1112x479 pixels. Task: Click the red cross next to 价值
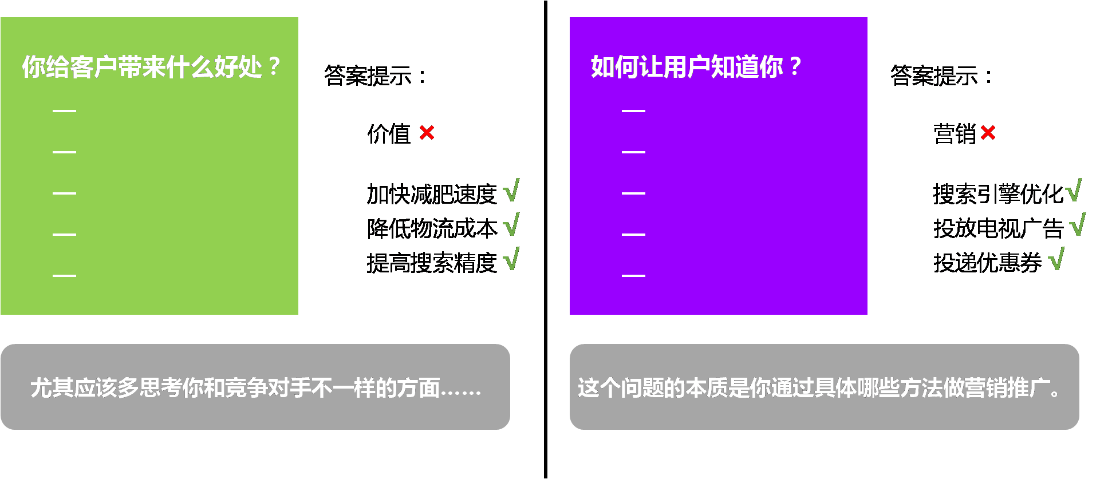tap(427, 133)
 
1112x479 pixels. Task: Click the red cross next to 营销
tap(988, 133)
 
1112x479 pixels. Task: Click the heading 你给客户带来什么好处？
tap(150, 67)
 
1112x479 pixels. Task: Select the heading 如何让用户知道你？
tap(695, 67)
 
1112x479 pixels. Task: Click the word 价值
tap(389, 134)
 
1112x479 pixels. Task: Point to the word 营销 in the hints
tap(955, 134)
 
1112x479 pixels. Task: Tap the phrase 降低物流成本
tap(432, 228)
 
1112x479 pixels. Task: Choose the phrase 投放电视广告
tap(999, 228)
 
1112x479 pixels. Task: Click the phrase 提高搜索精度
tap(432, 263)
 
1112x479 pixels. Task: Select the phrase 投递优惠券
tap(988, 263)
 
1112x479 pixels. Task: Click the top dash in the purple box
tap(633, 110)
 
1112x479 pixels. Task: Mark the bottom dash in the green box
tap(64, 275)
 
